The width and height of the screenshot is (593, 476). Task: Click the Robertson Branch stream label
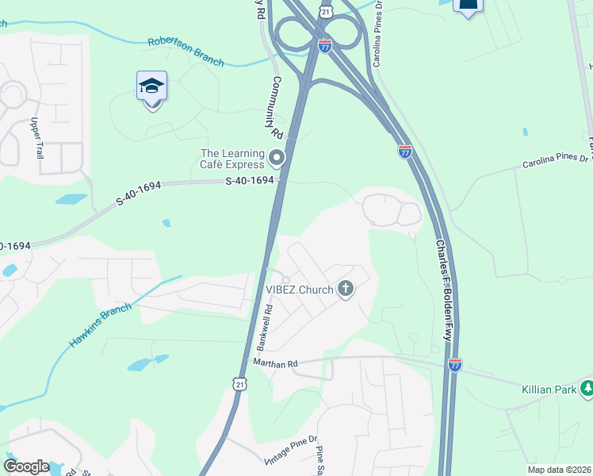click(x=186, y=51)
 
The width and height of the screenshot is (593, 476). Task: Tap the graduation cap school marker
click(x=151, y=86)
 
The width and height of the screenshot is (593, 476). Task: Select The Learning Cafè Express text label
click(x=232, y=159)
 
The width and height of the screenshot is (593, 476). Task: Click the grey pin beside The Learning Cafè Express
click(x=277, y=159)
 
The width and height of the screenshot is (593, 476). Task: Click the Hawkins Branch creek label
click(x=99, y=326)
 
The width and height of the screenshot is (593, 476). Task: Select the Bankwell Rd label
click(x=264, y=328)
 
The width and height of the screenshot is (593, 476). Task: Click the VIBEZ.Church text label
click(x=300, y=289)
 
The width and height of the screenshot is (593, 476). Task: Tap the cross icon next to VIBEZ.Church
click(x=345, y=289)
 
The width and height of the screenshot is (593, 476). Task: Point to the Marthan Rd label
click(x=275, y=363)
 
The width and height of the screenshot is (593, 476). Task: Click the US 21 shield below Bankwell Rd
click(x=241, y=384)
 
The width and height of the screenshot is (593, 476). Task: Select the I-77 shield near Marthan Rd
click(x=454, y=365)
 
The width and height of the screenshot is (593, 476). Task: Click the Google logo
click(x=26, y=466)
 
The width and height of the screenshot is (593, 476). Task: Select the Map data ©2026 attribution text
click(x=560, y=470)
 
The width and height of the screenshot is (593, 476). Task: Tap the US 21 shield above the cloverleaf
click(x=326, y=10)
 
